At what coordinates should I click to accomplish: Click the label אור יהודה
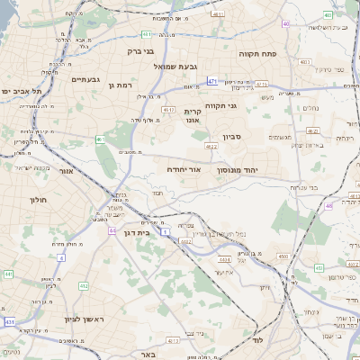[183, 169]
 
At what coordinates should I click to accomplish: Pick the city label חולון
[37, 199]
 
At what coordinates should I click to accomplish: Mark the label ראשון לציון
[61, 319]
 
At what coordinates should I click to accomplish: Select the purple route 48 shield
[328, 206]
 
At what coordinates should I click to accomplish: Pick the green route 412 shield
[83, 286]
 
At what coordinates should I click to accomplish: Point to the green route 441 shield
[8, 274]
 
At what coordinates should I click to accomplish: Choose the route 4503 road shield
[283, 256]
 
